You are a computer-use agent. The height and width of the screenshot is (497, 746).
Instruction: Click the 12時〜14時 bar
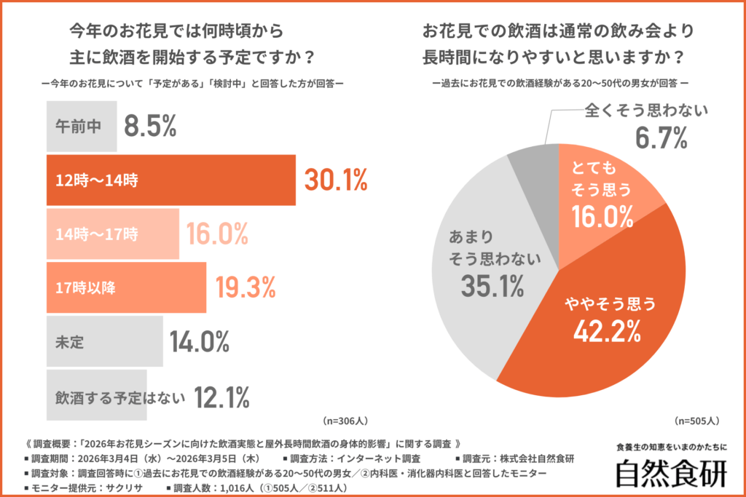(x=170, y=180)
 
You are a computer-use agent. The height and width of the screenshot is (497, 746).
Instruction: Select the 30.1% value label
(x=335, y=180)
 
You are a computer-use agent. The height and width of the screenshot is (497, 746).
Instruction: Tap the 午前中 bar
(x=81, y=127)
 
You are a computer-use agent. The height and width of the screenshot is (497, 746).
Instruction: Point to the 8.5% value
(x=150, y=127)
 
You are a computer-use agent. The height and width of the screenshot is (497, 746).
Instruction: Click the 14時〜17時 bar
(x=112, y=234)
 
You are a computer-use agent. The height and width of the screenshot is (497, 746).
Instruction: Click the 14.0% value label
(x=200, y=341)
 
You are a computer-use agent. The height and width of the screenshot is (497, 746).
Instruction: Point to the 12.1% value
(x=222, y=397)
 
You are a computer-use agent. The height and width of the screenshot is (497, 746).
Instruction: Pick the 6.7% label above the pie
(x=661, y=137)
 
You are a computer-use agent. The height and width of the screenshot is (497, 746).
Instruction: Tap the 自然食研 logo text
(x=670, y=474)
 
